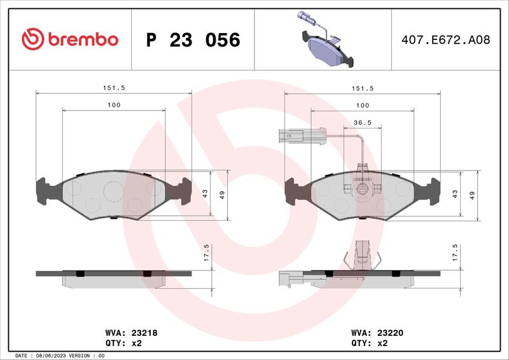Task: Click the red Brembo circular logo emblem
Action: click(33, 39)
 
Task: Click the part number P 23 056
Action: click(193, 40)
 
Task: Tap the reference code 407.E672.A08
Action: click(446, 40)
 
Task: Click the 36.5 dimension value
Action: click(363, 123)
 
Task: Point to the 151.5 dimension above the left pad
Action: click(114, 88)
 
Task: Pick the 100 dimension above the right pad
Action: click(363, 106)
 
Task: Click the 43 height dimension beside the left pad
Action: click(205, 194)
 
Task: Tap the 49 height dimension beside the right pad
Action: click(472, 195)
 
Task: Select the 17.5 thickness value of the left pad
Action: click(206, 253)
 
